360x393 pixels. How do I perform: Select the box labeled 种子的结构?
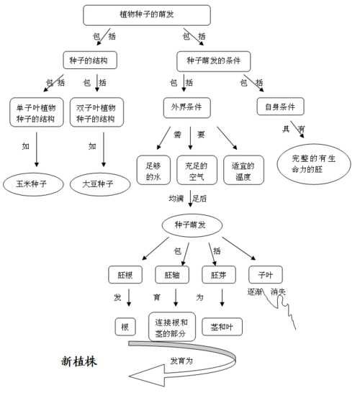coord(90,59)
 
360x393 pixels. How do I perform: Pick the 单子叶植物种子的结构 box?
coord(35,112)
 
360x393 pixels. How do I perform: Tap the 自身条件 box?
coord(280,107)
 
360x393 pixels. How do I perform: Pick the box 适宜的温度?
coord(240,170)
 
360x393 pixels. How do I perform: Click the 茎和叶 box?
coord(222,327)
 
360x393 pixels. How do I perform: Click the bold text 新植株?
coord(78,362)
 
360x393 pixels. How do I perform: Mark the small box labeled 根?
coord(125,327)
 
